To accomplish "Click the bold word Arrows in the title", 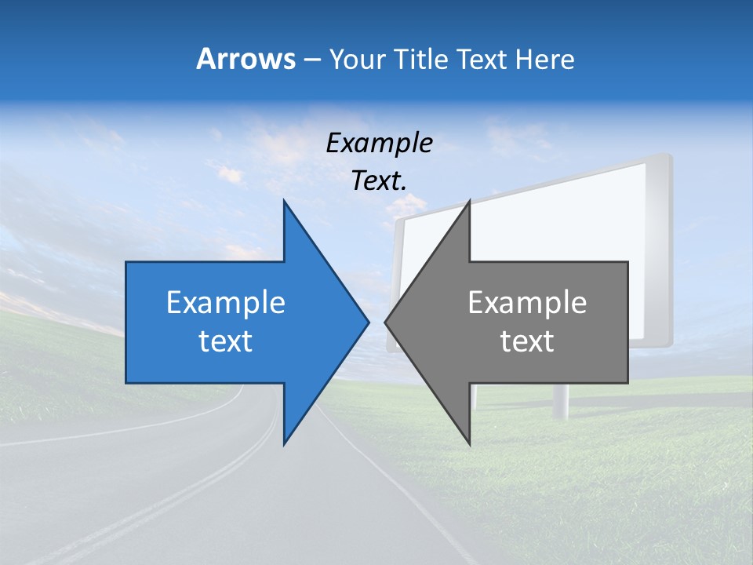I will (x=246, y=60).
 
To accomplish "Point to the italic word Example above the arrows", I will (x=379, y=143).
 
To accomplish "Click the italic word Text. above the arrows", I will (x=379, y=181).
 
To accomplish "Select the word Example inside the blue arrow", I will (x=226, y=303).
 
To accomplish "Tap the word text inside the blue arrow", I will (x=226, y=341).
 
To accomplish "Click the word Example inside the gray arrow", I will (x=527, y=303).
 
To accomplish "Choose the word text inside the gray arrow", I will (x=527, y=341).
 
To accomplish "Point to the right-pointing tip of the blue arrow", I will (x=368, y=322).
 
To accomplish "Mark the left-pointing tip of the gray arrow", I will (x=385, y=322).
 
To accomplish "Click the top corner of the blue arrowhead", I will (x=284, y=201).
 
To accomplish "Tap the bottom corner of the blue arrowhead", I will (x=284, y=443).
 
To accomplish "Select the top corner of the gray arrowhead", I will (x=469, y=201).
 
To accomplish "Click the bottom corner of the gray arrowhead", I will (x=469, y=443).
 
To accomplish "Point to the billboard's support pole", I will (x=562, y=399).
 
